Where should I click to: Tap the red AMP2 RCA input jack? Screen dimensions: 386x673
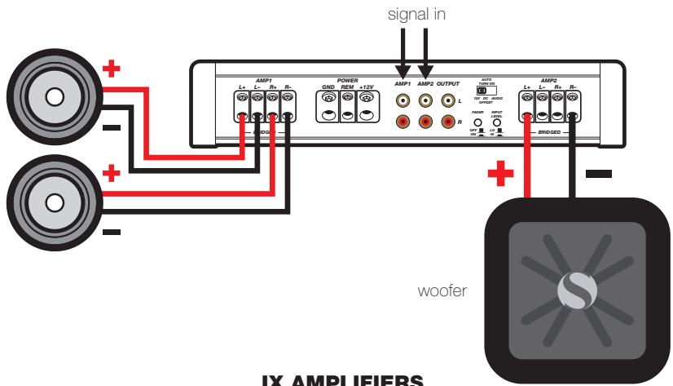tap(424, 122)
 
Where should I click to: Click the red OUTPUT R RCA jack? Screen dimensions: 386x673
tap(446, 122)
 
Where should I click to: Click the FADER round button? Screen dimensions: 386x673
tap(479, 123)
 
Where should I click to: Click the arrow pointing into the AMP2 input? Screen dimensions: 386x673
tap(424, 61)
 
